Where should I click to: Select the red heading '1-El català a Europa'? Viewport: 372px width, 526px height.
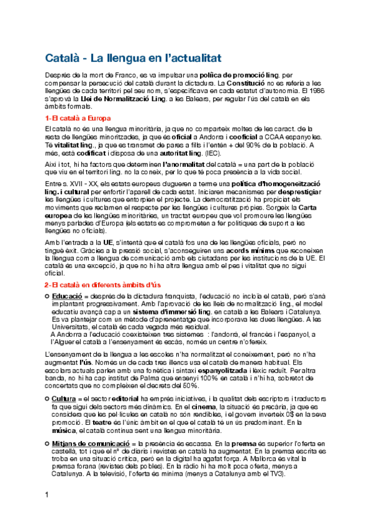(78, 118)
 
